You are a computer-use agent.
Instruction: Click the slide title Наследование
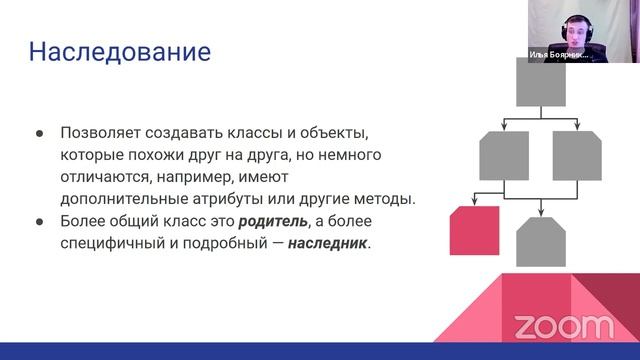point(119,51)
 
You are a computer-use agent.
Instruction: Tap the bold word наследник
point(327,242)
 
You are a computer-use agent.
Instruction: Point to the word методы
point(385,198)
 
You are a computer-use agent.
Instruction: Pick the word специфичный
point(114,242)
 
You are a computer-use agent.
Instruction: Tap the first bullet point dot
point(39,133)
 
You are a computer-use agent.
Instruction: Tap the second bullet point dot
point(39,221)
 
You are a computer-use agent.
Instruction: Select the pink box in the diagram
point(475,230)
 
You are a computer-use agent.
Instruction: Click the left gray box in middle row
point(504,155)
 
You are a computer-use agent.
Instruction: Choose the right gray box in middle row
point(577,155)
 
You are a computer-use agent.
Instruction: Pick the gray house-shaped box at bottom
point(541,242)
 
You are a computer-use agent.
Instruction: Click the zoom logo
point(563,326)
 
